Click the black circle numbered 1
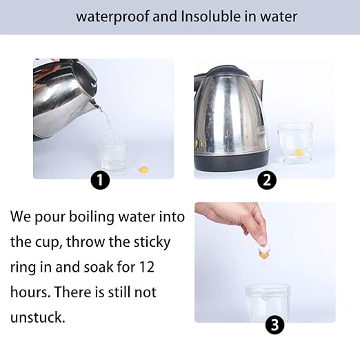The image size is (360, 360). point(100,180)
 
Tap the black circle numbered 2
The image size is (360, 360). point(267,180)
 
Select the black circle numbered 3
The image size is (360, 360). point(274,325)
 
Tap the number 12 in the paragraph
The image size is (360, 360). point(146,267)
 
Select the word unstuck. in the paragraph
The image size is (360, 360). point(38,317)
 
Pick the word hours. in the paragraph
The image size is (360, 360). point(30,292)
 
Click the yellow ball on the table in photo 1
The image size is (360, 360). point(143,170)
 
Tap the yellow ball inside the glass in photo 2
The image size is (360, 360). point(299,152)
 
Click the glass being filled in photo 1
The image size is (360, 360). point(113,153)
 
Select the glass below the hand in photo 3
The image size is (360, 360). point(268,303)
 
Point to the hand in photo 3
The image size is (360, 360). point(232,219)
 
